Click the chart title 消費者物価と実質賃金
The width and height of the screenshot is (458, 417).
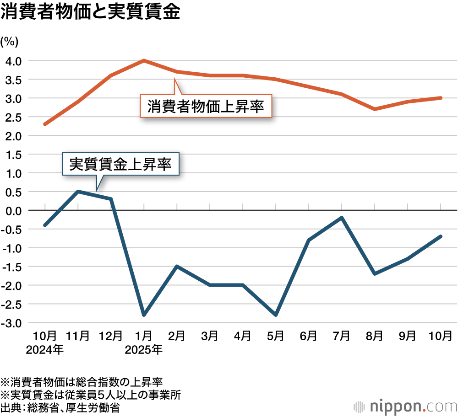click(x=90, y=13)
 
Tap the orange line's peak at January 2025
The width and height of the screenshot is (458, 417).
click(x=144, y=60)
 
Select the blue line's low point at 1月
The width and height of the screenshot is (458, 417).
click(x=144, y=315)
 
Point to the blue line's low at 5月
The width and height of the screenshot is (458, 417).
click(x=276, y=315)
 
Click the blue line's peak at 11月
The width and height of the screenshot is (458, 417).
click(x=78, y=191)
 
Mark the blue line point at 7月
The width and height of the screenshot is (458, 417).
click(x=342, y=218)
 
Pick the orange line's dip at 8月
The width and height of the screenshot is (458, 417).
click(x=375, y=109)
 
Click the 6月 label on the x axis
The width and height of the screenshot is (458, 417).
click(x=309, y=336)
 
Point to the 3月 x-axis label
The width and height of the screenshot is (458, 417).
click(x=210, y=336)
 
